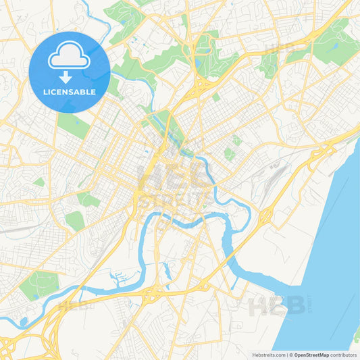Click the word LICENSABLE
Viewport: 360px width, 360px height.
[70, 92]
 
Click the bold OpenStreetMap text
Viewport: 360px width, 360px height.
[312, 354]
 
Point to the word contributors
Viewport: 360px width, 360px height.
[344, 354]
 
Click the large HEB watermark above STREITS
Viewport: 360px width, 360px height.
[172, 177]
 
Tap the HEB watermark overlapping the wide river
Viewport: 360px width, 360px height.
[277, 306]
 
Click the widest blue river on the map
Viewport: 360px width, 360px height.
[331, 257]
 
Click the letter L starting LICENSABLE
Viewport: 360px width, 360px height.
[45, 92]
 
